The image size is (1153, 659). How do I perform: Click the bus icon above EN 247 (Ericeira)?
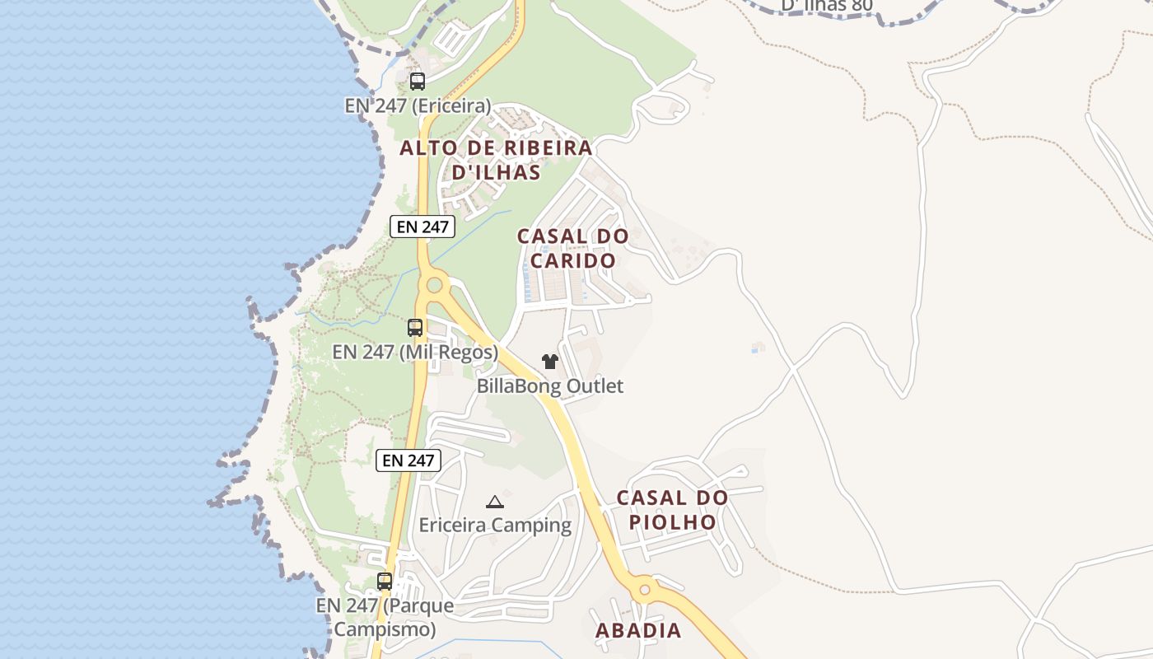[418, 81]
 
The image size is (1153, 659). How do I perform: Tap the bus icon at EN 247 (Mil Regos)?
[415, 327]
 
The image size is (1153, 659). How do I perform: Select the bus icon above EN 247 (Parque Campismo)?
[385, 581]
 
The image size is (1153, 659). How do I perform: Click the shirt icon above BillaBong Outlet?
[550, 361]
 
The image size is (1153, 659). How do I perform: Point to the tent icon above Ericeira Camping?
[495, 502]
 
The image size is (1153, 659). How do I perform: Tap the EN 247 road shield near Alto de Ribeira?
[422, 227]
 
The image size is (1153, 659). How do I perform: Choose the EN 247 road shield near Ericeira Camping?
[408, 460]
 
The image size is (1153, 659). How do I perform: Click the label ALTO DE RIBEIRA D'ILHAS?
[496, 160]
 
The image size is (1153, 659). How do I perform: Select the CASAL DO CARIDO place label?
[573, 248]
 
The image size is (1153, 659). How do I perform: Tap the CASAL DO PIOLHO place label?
[672, 510]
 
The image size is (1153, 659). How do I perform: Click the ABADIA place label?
[638, 631]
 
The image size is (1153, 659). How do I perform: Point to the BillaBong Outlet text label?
[550, 386]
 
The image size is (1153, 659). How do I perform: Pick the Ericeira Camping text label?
[495, 525]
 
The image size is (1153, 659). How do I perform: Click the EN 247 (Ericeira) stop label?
[418, 105]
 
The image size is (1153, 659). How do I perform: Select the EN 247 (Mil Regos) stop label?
[415, 352]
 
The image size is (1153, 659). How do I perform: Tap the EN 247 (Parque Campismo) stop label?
[385, 618]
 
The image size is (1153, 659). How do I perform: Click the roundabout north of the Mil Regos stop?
[433, 287]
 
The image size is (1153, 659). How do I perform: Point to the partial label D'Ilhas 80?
[826, 6]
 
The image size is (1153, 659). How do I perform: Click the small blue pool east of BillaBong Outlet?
[757, 348]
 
